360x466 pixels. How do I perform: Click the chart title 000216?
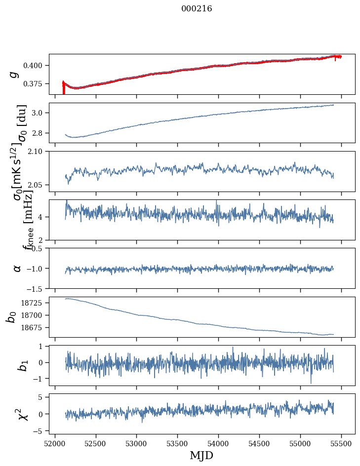197,8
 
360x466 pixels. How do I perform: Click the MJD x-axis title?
201,455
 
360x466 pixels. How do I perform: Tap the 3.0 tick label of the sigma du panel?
40,113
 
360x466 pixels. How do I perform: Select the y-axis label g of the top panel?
15,74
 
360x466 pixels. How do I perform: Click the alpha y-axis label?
17,268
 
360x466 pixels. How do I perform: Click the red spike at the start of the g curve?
63,88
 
